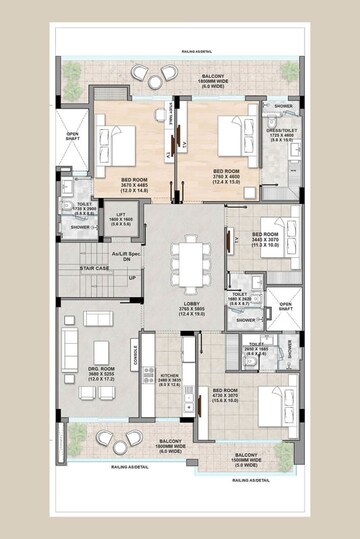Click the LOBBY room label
pos(183,309)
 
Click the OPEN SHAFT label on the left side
pos(73,137)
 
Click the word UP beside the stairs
pos(132,277)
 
